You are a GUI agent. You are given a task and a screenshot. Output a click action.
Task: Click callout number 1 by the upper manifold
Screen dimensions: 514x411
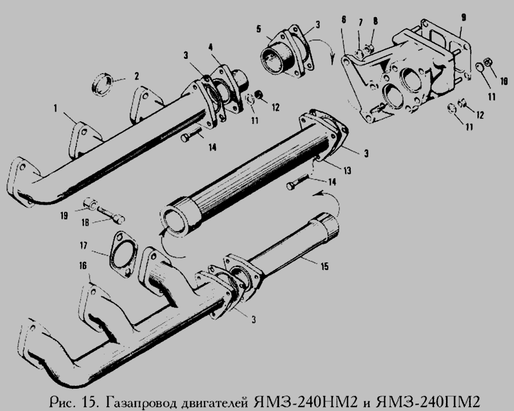pyautogui.click(x=56, y=108)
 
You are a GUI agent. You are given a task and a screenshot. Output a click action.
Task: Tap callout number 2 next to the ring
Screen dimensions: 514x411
pyautogui.click(x=136, y=77)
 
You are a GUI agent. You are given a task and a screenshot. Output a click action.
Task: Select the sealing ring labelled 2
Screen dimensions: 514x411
pyautogui.click(x=102, y=85)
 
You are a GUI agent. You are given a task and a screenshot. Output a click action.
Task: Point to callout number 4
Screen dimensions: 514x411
pyautogui.click(x=211, y=48)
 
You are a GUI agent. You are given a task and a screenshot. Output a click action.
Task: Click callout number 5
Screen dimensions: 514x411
pyautogui.click(x=259, y=29)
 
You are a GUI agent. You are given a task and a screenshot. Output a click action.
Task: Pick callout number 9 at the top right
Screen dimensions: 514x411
pyautogui.click(x=463, y=17)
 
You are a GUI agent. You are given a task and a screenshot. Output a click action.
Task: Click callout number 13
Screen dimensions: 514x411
pyautogui.click(x=347, y=170)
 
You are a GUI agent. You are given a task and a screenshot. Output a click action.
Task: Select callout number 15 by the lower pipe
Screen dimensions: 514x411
pyautogui.click(x=324, y=266)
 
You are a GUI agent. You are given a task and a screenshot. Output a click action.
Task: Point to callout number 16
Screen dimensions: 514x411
pyautogui.click(x=83, y=265)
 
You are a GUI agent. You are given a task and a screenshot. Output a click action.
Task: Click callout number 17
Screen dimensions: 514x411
pyautogui.click(x=83, y=245)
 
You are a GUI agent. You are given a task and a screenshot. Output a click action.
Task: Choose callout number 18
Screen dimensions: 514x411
pyautogui.click(x=86, y=223)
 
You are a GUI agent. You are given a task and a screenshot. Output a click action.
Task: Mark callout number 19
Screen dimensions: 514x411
pyautogui.click(x=64, y=216)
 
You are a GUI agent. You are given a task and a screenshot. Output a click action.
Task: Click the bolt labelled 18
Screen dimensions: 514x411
pyautogui.click(x=110, y=214)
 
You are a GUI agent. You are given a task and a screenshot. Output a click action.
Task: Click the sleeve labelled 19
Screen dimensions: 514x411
pyautogui.click(x=90, y=203)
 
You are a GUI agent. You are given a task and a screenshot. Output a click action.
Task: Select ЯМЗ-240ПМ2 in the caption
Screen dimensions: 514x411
pyautogui.click(x=428, y=401)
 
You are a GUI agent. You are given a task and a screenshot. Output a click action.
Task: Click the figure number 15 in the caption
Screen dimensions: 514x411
pyautogui.click(x=90, y=401)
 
